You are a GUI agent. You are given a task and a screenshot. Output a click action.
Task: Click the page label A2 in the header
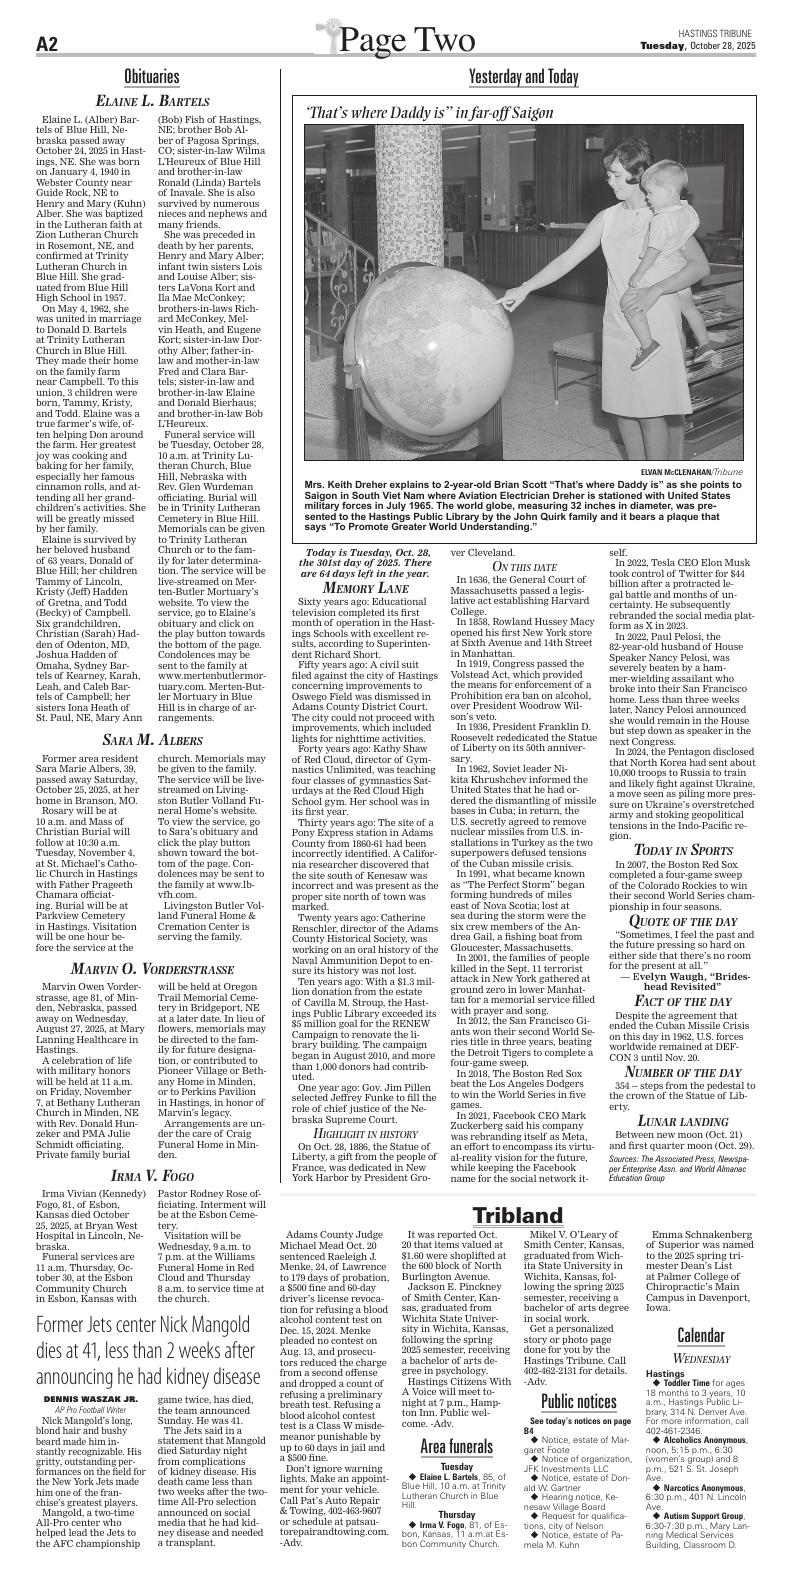coord(50,44)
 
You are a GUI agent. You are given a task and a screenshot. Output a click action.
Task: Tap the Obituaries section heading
coord(152,76)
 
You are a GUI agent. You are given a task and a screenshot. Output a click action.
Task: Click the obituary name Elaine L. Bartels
coord(152,101)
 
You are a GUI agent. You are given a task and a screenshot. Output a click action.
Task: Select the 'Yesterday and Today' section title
coord(523,77)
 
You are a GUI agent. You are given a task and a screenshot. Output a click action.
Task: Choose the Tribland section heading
coord(518,1215)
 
